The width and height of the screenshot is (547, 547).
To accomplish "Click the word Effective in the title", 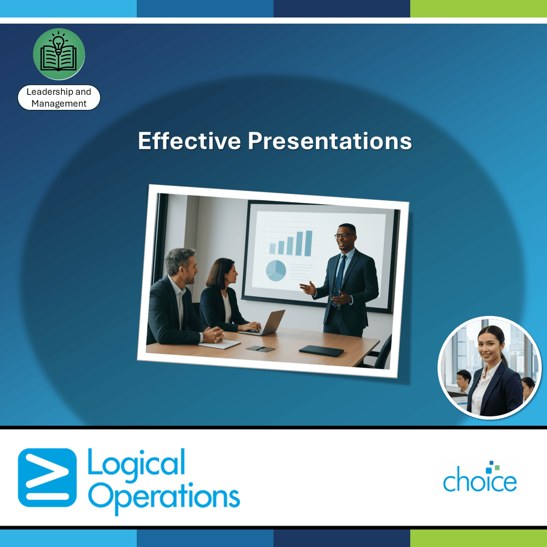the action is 189,140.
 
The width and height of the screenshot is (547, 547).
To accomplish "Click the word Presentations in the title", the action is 330,140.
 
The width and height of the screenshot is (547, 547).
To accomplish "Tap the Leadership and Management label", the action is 59,98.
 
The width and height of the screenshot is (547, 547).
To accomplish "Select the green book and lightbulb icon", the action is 59,54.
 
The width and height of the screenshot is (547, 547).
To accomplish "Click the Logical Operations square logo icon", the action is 47,477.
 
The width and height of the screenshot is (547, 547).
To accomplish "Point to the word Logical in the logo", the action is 137,462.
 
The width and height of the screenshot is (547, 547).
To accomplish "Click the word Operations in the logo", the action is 164,497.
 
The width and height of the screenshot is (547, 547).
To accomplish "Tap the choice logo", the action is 480,477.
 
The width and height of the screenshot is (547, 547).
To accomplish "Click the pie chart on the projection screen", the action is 276,270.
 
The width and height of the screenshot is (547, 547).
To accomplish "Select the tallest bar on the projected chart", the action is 309,243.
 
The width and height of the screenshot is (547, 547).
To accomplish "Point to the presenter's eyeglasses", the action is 344,236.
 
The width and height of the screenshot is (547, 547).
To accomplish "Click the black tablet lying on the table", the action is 321,351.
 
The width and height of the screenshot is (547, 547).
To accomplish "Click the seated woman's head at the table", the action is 222,273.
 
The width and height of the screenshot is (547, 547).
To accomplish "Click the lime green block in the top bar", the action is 479,9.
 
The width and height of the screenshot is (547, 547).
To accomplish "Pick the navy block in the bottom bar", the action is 342,538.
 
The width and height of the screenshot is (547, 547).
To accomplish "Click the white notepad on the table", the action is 219,344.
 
